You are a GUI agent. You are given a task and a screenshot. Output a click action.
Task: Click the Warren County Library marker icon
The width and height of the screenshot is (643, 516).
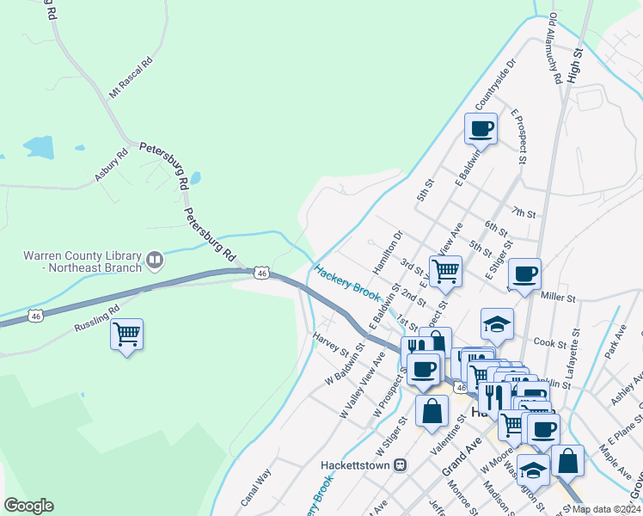coord(155,258)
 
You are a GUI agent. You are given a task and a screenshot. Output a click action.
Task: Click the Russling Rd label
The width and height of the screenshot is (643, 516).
coord(96,315)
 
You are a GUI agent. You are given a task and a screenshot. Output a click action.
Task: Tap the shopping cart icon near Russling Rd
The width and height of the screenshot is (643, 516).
coord(127,333)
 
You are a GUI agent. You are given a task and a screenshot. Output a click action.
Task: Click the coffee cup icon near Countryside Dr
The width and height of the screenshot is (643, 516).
coord(481,129)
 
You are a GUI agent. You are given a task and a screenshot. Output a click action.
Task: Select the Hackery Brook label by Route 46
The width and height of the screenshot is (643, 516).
coord(347,284)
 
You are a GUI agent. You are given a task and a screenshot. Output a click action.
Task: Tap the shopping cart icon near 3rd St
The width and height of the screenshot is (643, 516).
coord(445,271)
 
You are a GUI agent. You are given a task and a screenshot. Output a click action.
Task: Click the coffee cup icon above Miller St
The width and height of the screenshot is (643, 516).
coord(524,274)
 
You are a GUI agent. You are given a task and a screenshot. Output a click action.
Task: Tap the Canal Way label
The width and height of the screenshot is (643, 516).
coord(256,486)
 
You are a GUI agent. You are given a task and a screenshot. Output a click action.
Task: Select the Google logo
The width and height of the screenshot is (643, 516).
coord(28,506)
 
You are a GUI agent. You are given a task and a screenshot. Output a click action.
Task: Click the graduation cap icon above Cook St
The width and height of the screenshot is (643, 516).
coord(497,323)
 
